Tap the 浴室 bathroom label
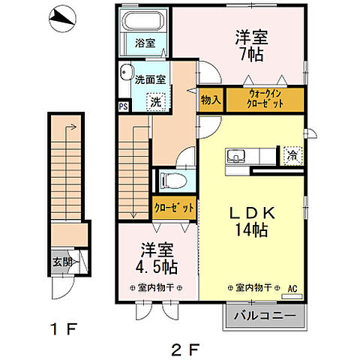coord(145,43)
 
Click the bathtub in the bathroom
coord(145,22)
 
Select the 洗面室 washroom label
coord(150,79)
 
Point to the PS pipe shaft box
coord(123,106)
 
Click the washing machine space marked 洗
coord(156,101)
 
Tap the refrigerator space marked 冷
coord(292,156)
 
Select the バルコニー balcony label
coord(264,316)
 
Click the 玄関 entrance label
coord(62,262)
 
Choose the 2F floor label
coord(185,347)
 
